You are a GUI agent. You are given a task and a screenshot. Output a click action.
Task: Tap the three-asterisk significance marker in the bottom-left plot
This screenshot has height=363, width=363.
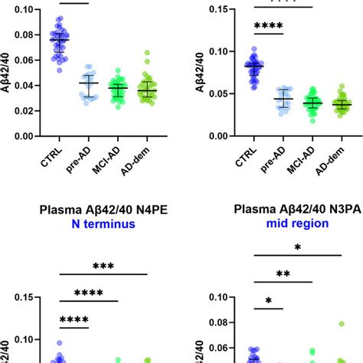[103, 266]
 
